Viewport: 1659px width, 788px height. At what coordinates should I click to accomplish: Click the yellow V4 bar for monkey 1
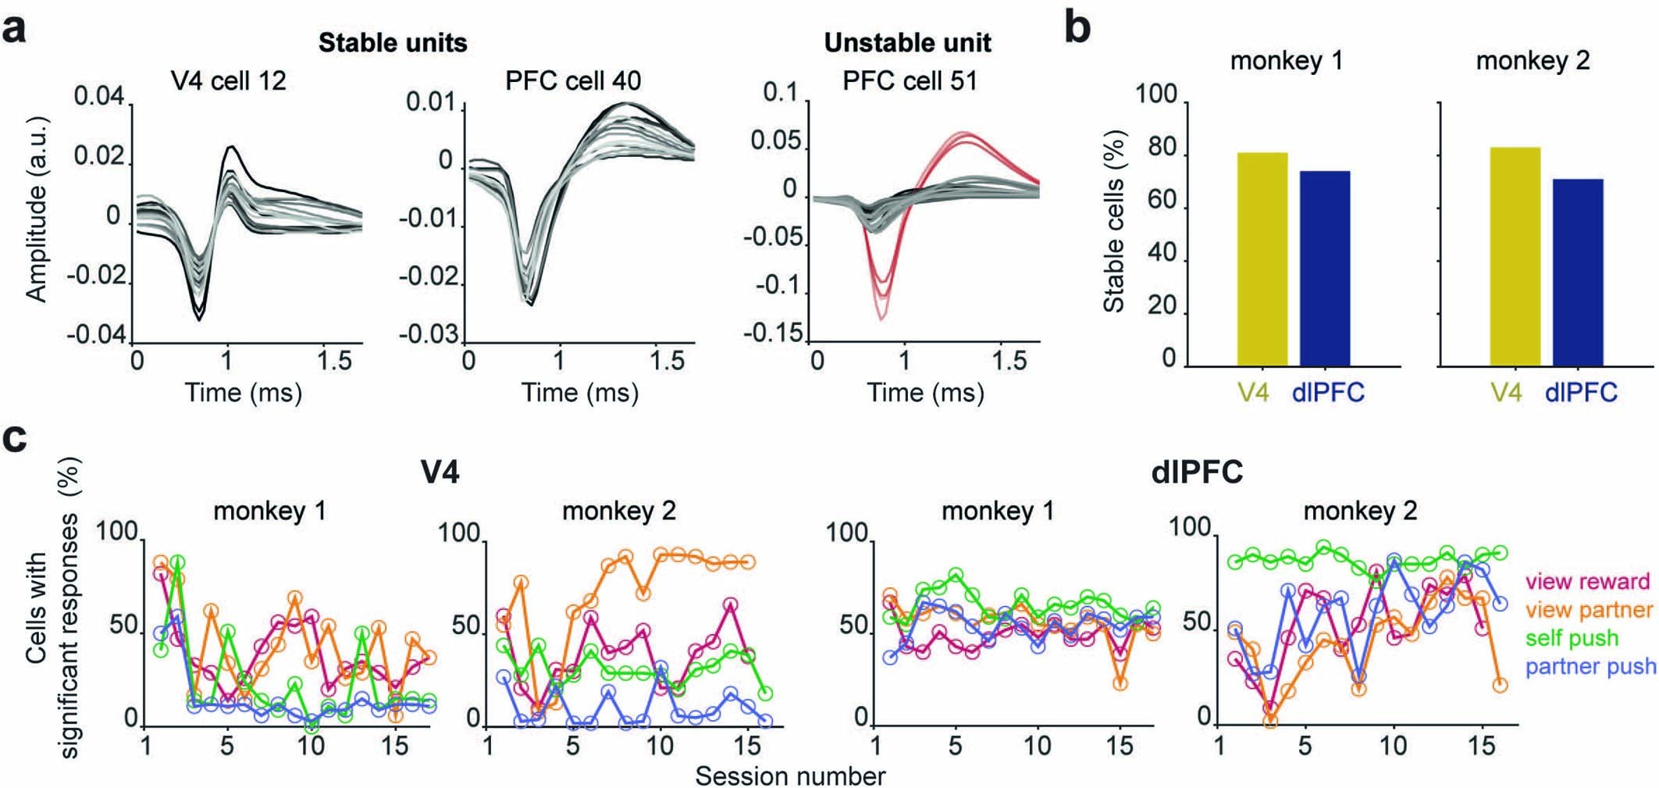pyautogui.click(x=1262, y=259)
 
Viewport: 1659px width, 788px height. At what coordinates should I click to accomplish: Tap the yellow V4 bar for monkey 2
pyautogui.click(x=1515, y=257)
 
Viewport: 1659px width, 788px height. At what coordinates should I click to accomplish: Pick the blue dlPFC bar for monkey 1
pyautogui.click(x=1324, y=269)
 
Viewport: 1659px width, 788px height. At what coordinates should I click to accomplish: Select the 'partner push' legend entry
pyautogui.click(x=1590, y=666)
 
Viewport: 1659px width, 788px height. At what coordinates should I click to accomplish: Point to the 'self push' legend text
pyautogui.click(x=1572, y=638)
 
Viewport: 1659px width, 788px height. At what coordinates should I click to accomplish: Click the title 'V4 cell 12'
pyautogui.click(x=229, y=80)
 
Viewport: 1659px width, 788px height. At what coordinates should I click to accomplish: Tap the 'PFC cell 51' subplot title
pyautogui.click(x=910, y=80)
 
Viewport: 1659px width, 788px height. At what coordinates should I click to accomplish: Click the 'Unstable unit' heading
pyautogui.click(x=907, y=42)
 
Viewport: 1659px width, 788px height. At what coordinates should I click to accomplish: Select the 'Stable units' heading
pyautogui.click(x=393, y=42)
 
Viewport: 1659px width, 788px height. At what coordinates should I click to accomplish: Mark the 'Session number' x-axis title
pyautogui.click(x=790, y=776)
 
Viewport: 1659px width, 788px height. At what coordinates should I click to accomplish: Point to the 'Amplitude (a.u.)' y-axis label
pyautogui.click(x=37, y=209)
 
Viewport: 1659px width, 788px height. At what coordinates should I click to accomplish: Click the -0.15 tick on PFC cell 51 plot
pyautogui.click(x=773, y=333)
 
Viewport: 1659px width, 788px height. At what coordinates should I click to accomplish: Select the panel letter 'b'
pyautogui.click(x=1077, y=30)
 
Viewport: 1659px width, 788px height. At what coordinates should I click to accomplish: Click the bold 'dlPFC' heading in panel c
pyautogui.click(x=1197, y=472)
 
